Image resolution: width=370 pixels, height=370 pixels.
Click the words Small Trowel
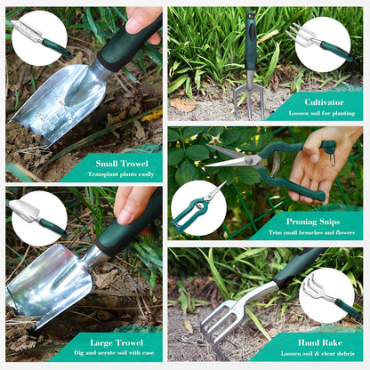pyautogui.click(x=122, y=164)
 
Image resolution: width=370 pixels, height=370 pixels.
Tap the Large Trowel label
pyautogui.click(x=117, y=342)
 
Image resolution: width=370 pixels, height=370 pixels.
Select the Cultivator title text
pyautogui.click(x=324, y=102)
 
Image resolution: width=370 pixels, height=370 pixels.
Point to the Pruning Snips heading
pyautogui.click(x=313, y=221)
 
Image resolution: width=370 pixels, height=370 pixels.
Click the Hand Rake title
pyautogui.click(x=320, y=342)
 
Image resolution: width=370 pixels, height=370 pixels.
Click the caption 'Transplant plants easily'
pyautogui.click(x=121, y=174)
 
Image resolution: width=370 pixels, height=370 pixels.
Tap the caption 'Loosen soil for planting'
pyautogui.click(x=322, y=113)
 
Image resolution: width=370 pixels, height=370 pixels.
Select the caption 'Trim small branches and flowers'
pyautogui.click(x=311, y=232)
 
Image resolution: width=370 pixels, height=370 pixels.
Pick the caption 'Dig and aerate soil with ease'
pyautogui.click(x=114, y=353)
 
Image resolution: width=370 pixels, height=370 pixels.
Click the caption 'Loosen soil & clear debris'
pyautogui.click(x=318, y=353)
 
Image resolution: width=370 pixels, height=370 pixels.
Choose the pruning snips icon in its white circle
pyautogui.click(x=198, y=206)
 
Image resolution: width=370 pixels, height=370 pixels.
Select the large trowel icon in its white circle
pyautogui.click(x=37, y=217)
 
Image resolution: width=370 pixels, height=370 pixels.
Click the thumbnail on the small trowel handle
pyautogui.click(x=135, y=22)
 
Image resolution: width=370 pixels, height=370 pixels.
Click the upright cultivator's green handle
pyautogui.click(x=251, y=40)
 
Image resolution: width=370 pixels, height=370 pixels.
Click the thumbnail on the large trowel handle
pyautogui.click(x=126, y=215)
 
